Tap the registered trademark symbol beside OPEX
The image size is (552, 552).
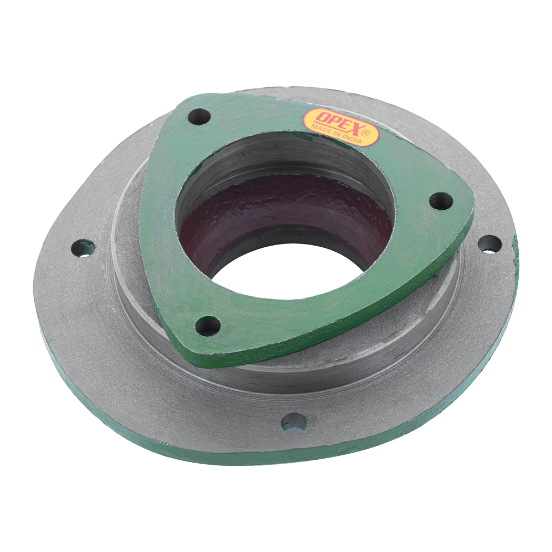(x=365, y=132)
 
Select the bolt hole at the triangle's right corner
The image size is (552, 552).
(x=441, y=201)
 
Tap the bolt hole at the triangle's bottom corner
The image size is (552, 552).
(x=208, y=325)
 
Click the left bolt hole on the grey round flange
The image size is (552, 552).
(x=83, y=248)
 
